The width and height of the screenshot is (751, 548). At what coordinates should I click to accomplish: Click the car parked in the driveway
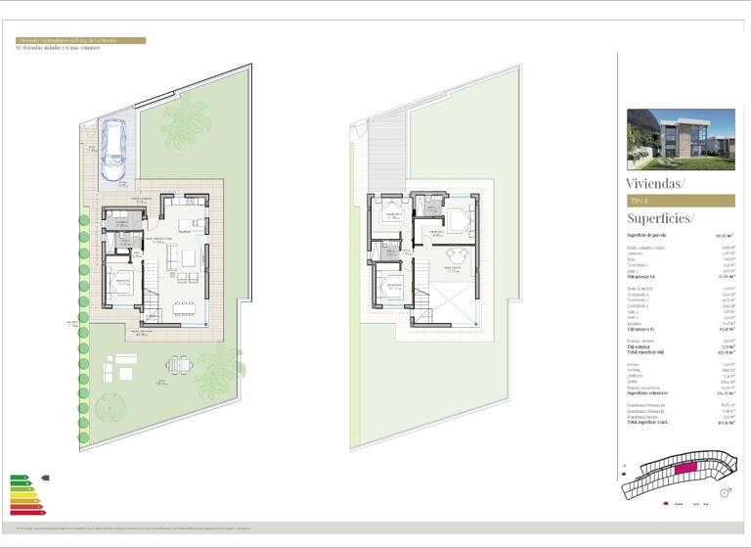114,150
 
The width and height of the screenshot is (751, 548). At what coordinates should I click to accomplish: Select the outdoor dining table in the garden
179,365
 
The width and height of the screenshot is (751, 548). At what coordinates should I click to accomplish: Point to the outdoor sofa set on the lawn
123,366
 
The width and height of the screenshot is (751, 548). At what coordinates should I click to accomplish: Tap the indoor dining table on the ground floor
183,307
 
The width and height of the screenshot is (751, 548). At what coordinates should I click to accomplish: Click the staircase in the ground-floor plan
152,293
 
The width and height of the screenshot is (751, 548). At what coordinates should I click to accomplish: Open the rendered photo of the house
680,138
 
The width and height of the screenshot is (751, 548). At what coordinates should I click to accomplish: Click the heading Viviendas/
655,183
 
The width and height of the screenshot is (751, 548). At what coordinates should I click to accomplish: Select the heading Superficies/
660,218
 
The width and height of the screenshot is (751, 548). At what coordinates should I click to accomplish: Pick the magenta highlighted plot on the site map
685,470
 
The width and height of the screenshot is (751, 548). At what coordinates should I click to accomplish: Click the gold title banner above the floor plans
80,41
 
